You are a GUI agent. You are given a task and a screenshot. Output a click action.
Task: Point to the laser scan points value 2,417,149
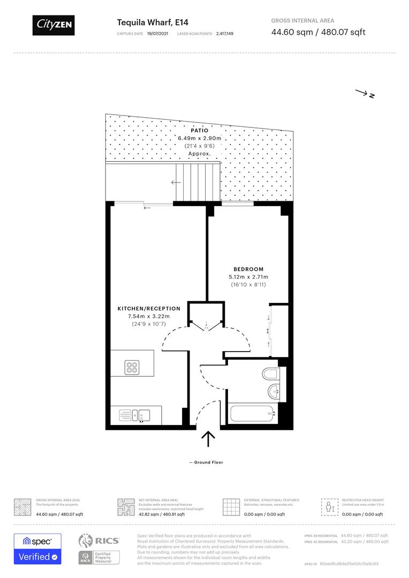(225, 33)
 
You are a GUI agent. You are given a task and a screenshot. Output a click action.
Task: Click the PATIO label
(199, 130)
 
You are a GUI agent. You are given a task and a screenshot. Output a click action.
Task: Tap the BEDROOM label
(248, 269)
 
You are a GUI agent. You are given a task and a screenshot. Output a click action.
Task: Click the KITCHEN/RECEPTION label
(149, 309)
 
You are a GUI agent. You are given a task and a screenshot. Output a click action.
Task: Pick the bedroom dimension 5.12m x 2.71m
(248, 277)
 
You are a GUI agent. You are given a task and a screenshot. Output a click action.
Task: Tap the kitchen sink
(142, 414)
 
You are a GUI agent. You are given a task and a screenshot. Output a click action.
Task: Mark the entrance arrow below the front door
(208, 439)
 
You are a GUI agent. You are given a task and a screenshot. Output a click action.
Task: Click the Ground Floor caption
(206, 462)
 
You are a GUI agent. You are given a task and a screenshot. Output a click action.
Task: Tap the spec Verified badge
(37, 549)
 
